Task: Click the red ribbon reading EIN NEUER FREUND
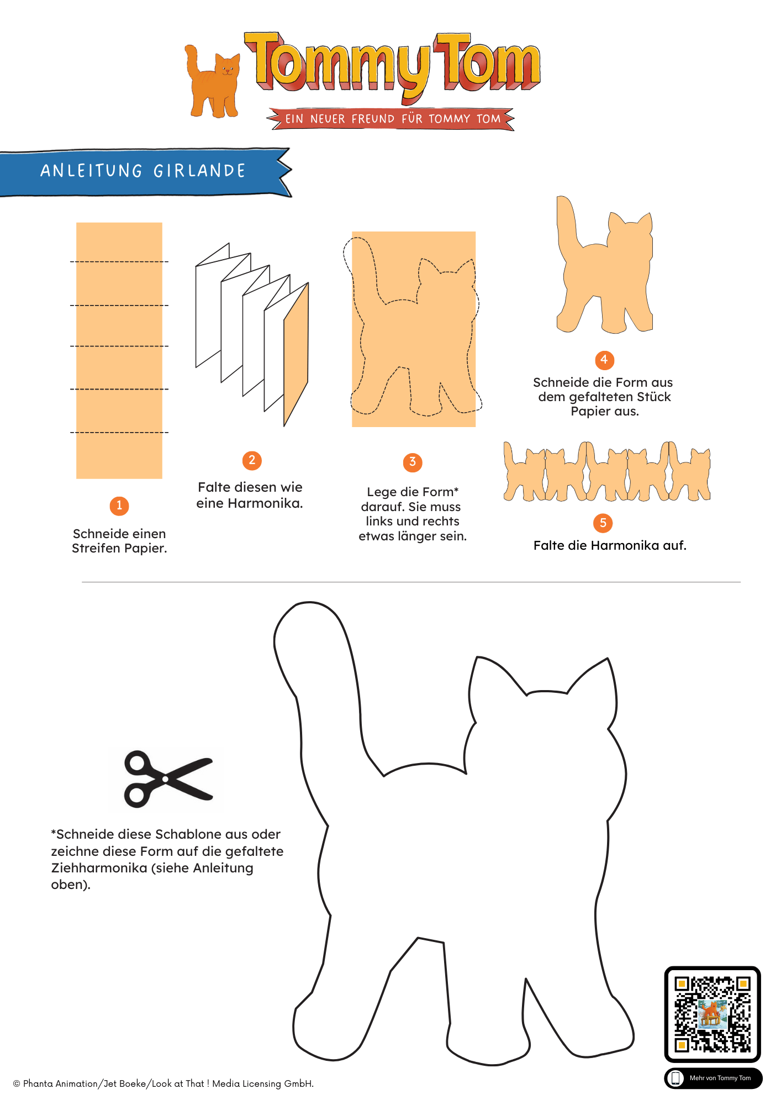click(391, 119)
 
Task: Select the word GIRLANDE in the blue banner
click(199, 171)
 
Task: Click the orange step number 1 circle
click(119, 506)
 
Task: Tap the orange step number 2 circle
click(252, 460)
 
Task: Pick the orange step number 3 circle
click(413, 462)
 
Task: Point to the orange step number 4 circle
click(604, 360)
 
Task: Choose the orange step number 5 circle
click(603, 523)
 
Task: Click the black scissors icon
click(168, 779)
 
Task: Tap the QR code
click(713, 1014)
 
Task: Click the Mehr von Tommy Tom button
click(713, 1078)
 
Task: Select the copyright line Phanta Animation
click(163, 1083)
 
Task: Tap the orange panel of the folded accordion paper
click(296, 354)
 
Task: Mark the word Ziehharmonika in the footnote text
click(99, 868)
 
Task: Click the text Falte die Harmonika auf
click(610, 545)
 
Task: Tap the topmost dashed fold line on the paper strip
click(119, 261)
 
